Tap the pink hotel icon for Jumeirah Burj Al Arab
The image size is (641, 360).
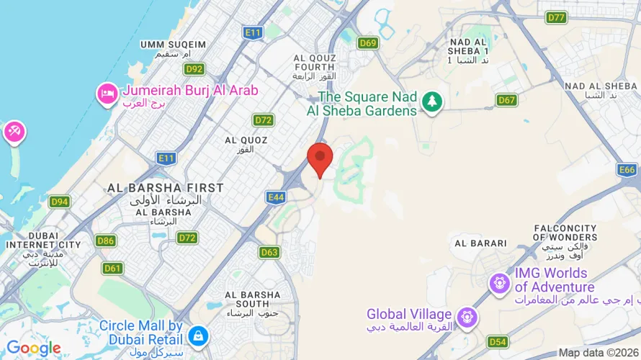[x=108, y=94]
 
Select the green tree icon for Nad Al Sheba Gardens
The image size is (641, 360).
[x=432, y=102]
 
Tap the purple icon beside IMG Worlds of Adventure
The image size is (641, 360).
[x=499, y=282]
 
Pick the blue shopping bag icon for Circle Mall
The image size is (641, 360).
[x=197, y=335]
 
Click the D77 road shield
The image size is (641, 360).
[x=556, y=17]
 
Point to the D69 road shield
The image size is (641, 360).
[x=368, y=43]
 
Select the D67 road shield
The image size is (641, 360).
[x=507, y=100]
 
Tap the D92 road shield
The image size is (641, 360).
[x=194, y=68]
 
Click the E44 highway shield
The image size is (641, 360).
[x=276, y=197]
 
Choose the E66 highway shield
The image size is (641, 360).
[x=627, y=170]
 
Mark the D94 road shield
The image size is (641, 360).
[x=59, y=202]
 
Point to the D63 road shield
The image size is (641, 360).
[x=269, y=252]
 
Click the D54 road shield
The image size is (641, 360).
[x=497, y=341]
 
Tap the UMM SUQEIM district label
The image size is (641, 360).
[x=173, y=45]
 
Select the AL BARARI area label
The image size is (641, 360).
[x=481, y=243]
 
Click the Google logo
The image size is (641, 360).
[x=33, y=348]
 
